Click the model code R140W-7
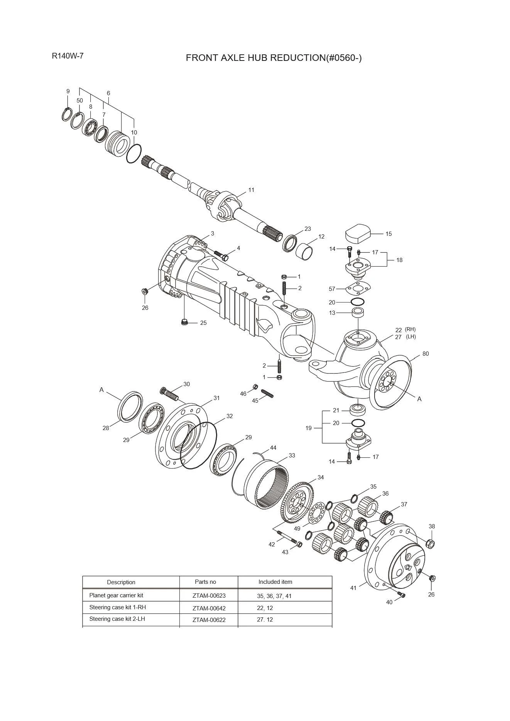click(x=68, y=56)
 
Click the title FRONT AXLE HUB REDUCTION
click(x=274, y=58)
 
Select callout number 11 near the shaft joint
click(x=251, y=190)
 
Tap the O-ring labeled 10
click(x=134, y=153)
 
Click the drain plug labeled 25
click(x=184, y=322)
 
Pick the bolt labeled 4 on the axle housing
click(x=221, y=255)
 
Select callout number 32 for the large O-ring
click(x=230, y=416)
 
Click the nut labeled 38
click(x=431, y=544)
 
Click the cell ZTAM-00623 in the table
click(x=209, y=596)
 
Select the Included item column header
click(x=275, y=582)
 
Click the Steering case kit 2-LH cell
click(x=117, y=619)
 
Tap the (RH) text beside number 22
click(x=410, y=329)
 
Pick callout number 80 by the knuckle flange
click(x=425, y=354)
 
